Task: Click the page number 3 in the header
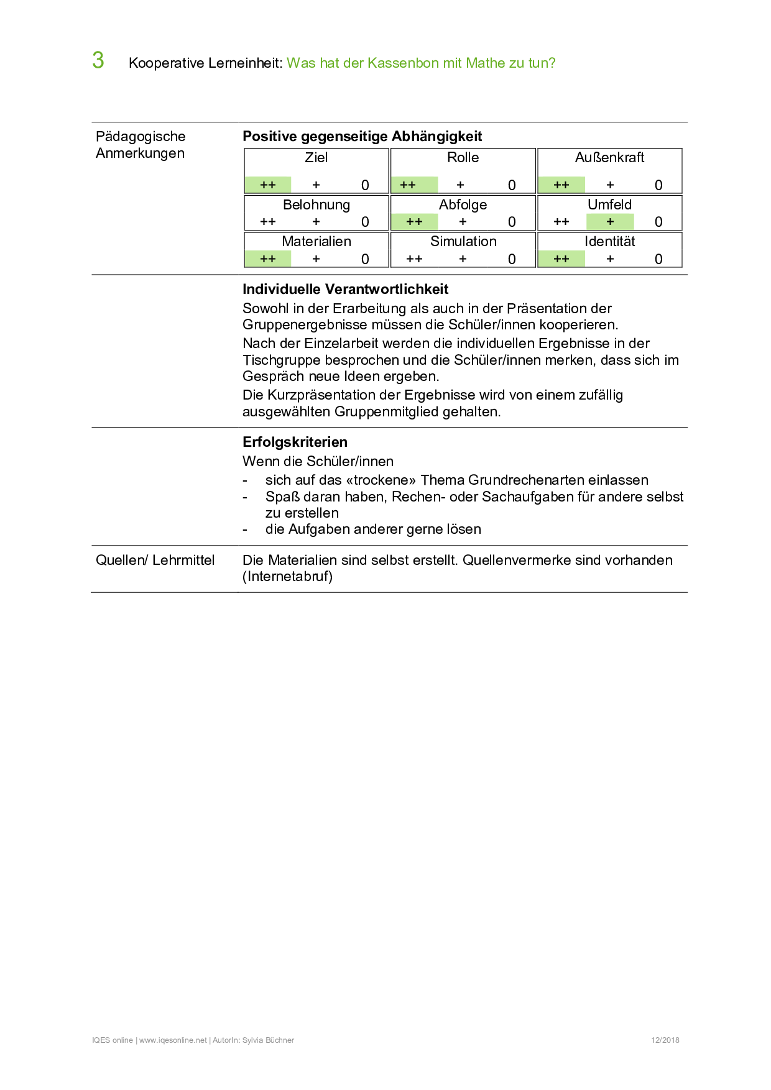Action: click(x=98, y=60)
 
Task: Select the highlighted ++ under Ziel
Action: click(x=268, y=185)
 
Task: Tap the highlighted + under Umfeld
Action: click(x=610, y=221)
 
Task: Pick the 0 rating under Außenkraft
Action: click(x=658, y=185)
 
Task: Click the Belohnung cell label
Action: click(x=316, y=204)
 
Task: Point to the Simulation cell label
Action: click(x=463, y=241)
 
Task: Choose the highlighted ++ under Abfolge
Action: click(x=414, y=221)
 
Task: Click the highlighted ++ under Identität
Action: click(x=561, y=259)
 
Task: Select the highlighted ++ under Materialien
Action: click(x=268, y=259)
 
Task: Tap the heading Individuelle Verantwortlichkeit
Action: click(x=345, y=289)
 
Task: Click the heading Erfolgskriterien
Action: click(x=295, y=442)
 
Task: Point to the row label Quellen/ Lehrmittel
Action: click(x=155, y=560)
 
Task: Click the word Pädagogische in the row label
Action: click(x=141, y=136)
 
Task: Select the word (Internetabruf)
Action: click(x=287, y=576)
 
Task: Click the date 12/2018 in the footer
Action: click(x=665, y=1040)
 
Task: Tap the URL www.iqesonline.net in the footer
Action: click(x=173, y=1040)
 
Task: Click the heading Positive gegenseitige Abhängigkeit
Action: click(x=362, y=136)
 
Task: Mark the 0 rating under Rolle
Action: click(x=512, y=185)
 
